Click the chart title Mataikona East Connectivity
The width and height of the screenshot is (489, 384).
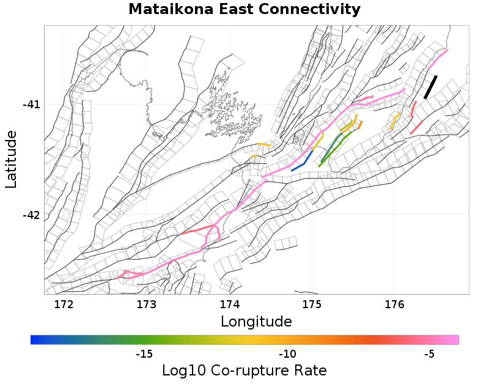244,10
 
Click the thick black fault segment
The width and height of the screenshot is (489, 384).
430,87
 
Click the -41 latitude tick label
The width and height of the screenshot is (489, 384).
31,105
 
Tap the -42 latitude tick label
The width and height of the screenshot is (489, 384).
31,215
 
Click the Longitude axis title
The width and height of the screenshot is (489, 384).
256,321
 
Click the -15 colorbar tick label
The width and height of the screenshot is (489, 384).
144,354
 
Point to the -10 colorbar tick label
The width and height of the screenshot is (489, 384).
287,354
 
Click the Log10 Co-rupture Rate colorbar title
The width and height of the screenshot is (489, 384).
244,371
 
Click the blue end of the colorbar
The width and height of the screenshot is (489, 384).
35,339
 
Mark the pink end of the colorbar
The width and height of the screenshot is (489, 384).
454,339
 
